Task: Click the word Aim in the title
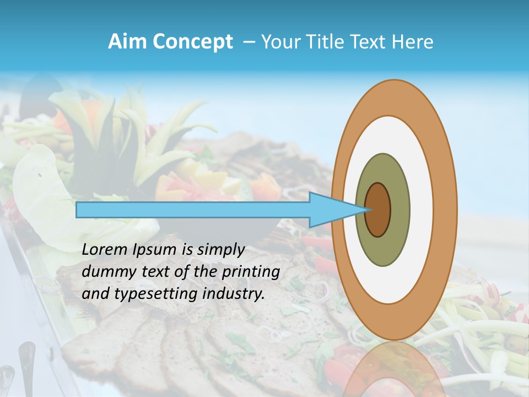point(127,42)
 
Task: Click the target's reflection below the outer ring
point(395,369)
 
